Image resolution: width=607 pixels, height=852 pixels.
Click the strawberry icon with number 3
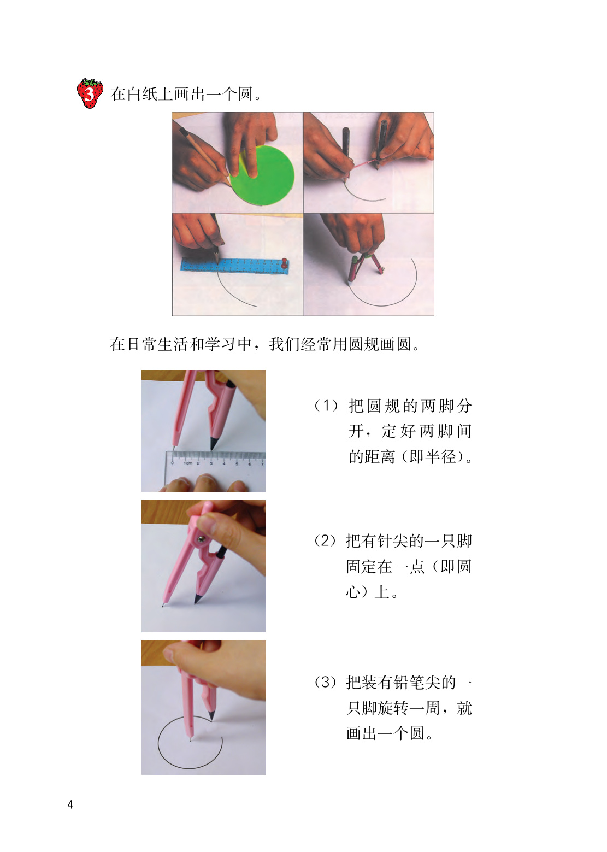click(x=90, y=93)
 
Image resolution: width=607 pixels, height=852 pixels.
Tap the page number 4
click(x=70, y=804)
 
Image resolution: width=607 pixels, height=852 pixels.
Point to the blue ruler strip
click(x=234, y=266)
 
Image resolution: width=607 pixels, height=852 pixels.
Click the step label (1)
click(x=326, y=406)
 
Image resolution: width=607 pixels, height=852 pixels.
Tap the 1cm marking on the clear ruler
click(x=188, y=463)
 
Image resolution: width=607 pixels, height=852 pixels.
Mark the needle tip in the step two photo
click(x=163, y=606)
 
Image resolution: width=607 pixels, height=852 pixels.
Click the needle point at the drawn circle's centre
click(x=191, y=740)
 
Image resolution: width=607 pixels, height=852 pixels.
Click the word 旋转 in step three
click(x=385, y=708)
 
